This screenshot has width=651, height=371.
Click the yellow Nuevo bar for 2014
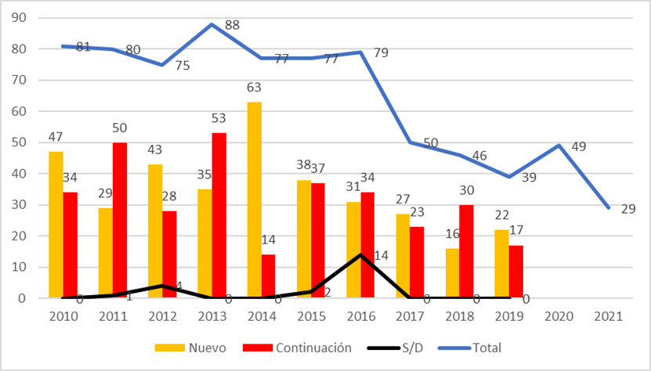click(x=254, y=200)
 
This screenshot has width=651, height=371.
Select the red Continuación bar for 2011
click(x=121, y=220)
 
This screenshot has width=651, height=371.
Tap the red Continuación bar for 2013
click(x=219, y=215)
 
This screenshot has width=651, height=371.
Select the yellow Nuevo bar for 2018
click(x=452, y=273)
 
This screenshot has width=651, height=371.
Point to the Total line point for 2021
click(x=609, y=207)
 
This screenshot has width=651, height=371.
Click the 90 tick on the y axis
click(x=31, y=18)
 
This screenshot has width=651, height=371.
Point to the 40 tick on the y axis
click(x=31, y=174)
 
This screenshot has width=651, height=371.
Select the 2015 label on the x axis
click(x=310, y=317)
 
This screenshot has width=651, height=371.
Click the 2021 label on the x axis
click(x=609, y=317)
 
